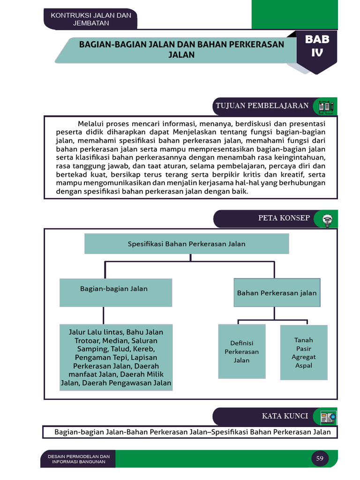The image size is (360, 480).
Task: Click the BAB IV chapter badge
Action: (317, 47)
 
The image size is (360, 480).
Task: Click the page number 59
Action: (320, 458)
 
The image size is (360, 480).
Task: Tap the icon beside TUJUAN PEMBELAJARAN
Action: (326, 106)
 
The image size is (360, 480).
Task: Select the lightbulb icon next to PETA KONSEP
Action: (327, 219)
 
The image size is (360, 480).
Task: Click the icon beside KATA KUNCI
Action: (328, 417)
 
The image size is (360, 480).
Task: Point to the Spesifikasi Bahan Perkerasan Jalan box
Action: (187, 244)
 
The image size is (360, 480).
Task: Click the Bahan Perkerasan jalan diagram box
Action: (277, 293)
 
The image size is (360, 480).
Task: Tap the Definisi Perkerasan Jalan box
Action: (242, 352)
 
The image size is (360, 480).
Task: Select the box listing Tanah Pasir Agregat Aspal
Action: (304, 352)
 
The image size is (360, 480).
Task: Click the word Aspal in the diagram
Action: (304, 366)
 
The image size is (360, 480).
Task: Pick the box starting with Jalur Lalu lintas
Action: (116, 357)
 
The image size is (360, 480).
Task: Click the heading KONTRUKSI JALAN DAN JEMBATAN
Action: (91, 19)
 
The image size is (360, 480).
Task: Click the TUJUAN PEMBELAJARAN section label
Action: (262, 105)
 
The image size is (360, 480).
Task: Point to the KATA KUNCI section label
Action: (285, 416)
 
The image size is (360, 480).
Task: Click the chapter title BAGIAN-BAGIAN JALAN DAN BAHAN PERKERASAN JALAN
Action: (181, 49)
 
